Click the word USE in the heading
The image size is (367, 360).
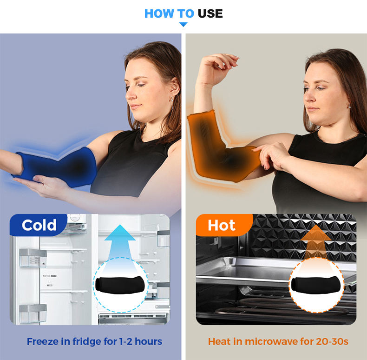210,13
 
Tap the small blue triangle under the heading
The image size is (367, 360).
183,24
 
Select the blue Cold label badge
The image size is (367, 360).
39,225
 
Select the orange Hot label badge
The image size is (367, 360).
224,225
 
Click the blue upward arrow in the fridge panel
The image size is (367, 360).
120,244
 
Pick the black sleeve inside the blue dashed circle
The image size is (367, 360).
120,285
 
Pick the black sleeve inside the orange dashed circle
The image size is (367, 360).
316,285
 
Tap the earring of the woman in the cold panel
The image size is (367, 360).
172,103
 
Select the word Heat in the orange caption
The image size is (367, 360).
219,341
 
